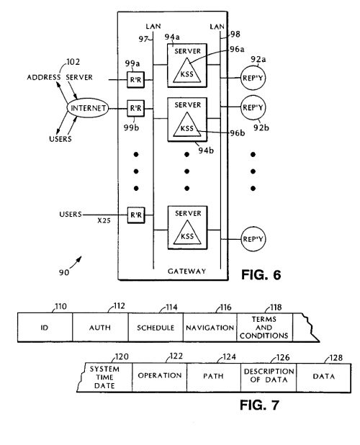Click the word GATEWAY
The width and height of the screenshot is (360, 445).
coord(186,271)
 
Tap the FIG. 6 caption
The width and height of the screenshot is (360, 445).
coord(261,275)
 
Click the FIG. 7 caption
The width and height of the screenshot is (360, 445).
coord(259,405)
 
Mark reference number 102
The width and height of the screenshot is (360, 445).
coord(73,62)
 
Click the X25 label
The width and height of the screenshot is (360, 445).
coord(104,220)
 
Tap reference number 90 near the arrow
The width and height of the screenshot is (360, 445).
coord(64,272)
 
